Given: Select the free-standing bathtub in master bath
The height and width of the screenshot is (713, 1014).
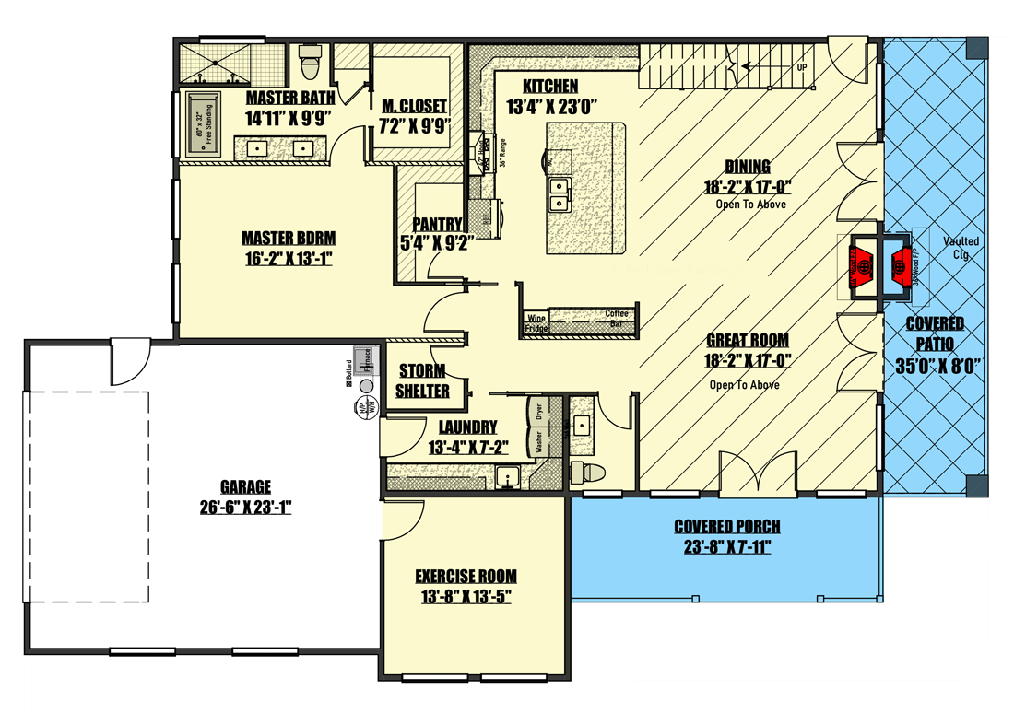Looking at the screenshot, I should [201, 124].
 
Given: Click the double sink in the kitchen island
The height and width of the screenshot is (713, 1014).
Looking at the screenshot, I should [560, 191].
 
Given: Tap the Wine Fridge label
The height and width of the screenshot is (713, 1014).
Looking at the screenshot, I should [536, 323].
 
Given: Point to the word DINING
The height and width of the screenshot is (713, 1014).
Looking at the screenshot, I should [747, 167].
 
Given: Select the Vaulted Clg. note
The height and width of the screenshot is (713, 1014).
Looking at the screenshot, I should [961, 247].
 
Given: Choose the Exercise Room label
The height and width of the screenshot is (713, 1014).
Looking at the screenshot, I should [466, 577].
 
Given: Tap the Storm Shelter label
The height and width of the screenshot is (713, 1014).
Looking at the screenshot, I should [423, 381].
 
